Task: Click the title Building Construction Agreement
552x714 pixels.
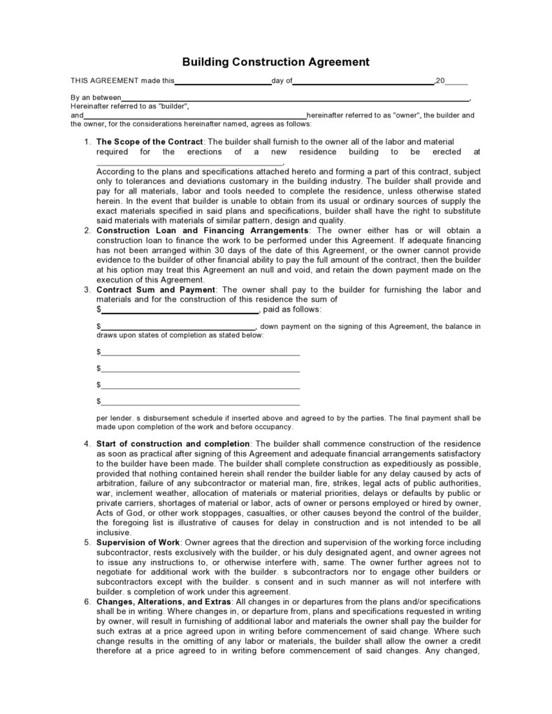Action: tap(275, 62)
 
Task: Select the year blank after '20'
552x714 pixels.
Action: tap(456, 82)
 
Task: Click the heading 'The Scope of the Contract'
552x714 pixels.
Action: tap(150, 142)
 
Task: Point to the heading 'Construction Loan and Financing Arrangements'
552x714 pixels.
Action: tap(203, 231)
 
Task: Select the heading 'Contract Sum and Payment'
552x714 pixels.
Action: tap(157, 289)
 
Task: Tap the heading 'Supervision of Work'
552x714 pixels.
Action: tap(138, 543)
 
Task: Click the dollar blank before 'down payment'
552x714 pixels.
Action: tap(179, 327)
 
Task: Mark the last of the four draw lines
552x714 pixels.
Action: tap(200, 402)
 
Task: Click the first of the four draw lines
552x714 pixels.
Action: tap(200, 352)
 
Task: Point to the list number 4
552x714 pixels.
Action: tap(87, 444)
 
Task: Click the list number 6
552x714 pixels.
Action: tap(87, 602)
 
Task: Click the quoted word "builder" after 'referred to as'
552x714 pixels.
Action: tap(173, 106)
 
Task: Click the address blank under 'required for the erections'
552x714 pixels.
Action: tap(180, 162)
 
